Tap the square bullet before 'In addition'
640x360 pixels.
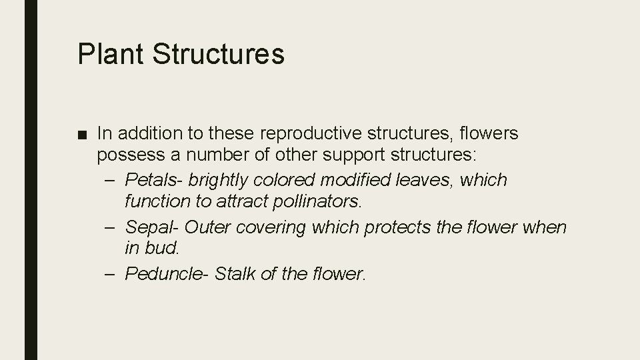coord(82,135)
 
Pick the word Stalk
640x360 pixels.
coord(235,273)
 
